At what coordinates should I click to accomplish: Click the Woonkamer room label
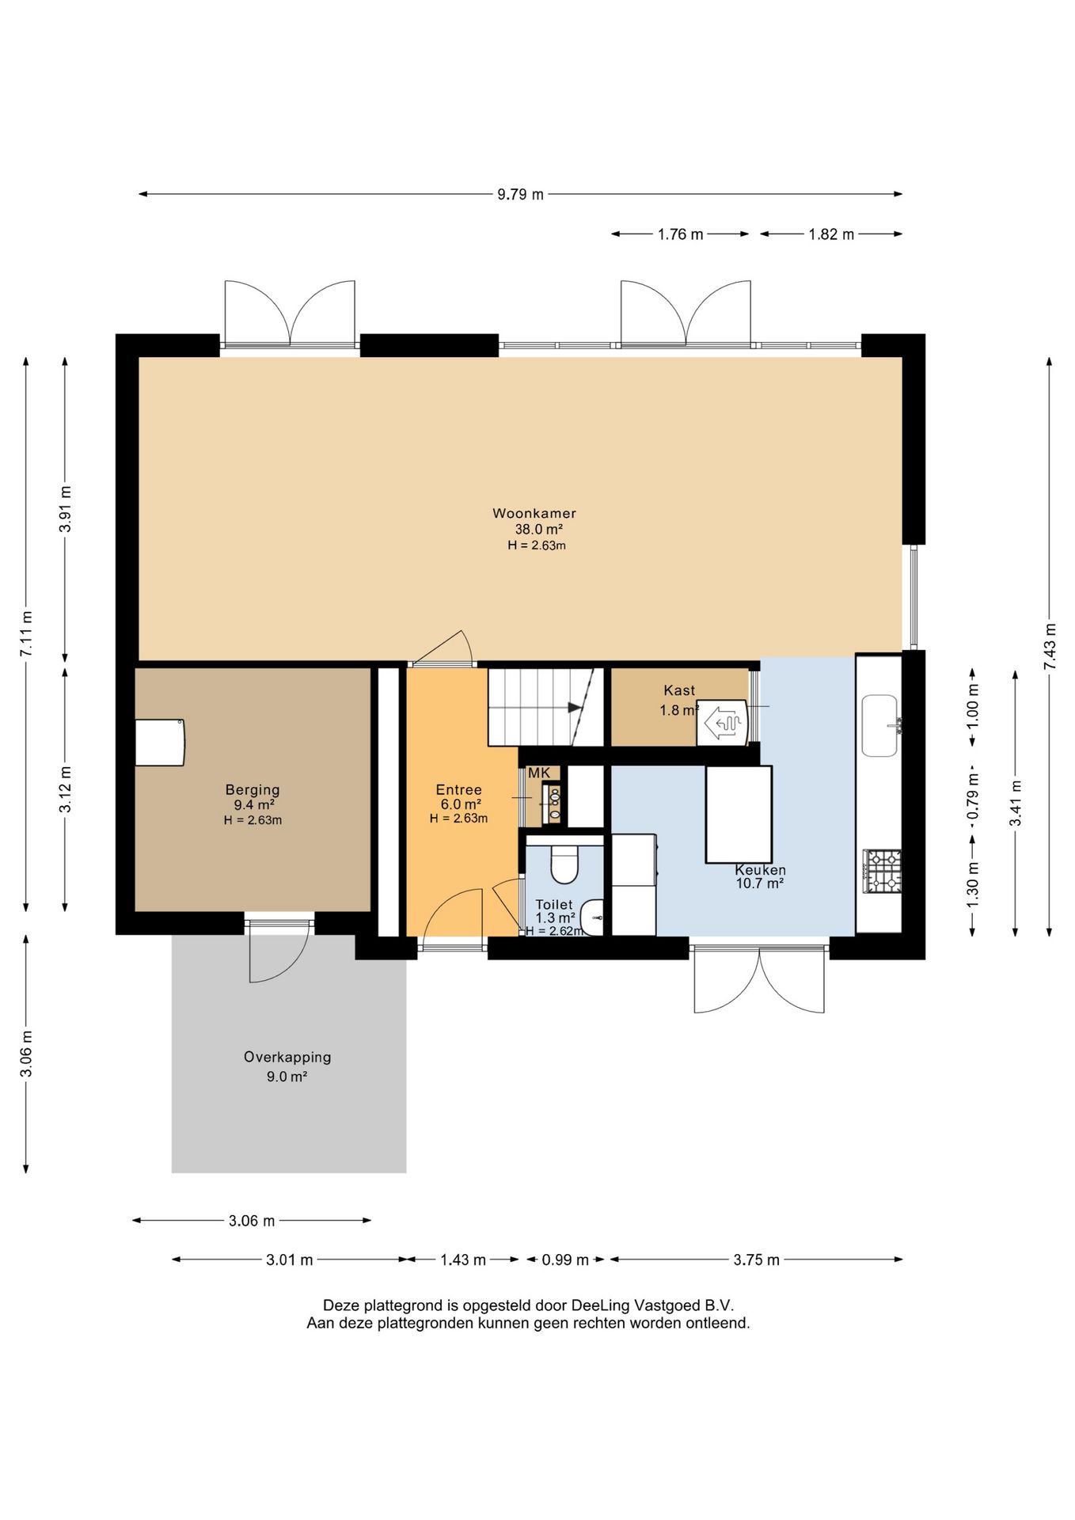click(534, 513)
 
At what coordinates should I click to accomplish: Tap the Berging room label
click(253, 789)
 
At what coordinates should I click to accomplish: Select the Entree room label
click(458, 789)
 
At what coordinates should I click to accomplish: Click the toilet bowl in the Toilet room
click(564, 865)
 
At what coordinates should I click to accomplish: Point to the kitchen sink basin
click(879, 725)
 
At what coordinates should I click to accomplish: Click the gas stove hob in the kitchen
click(883, 871)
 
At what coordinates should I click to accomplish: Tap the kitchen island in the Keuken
click(739, 814)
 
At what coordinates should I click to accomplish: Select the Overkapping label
click(287, 1057)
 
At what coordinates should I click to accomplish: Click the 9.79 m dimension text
click(520, 194)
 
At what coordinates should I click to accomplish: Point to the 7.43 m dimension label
click(1050, 646)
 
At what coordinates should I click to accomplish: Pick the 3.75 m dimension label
click(756, 1260)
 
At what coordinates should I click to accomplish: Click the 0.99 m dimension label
click(565, 1260)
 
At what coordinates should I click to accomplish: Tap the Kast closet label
click(679, 690)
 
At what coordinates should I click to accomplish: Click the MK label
click(539, 773)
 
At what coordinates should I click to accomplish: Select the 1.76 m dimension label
click(680, 234)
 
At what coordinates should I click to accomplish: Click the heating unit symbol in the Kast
click(722, 723)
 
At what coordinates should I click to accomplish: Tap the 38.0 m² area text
click(539, 530)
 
